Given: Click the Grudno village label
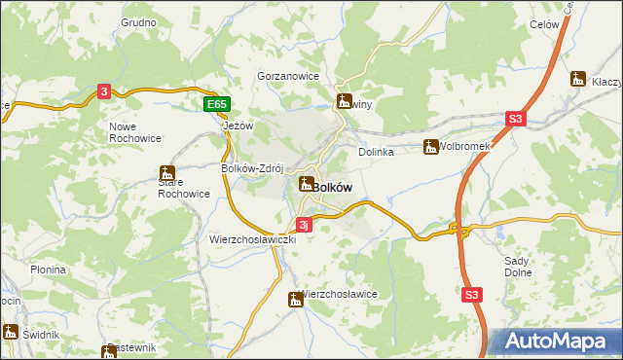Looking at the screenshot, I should tap(138, 21).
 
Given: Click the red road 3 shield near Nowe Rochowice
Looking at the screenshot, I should tap(105, 91).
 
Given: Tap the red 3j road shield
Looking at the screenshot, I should tap(304, 225).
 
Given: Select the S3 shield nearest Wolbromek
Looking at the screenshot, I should tap(515, 119).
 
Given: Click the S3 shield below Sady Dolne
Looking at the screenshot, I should tap(472, 294).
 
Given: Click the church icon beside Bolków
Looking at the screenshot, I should tap(306, 183).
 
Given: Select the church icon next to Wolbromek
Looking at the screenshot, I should tap(429, 148).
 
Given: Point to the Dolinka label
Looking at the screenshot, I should tap(376, 152).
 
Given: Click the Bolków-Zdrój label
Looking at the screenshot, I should tap(251, 167).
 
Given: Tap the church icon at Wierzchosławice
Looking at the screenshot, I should tap(295, 301).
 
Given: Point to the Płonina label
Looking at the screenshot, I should tap(48, 270).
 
